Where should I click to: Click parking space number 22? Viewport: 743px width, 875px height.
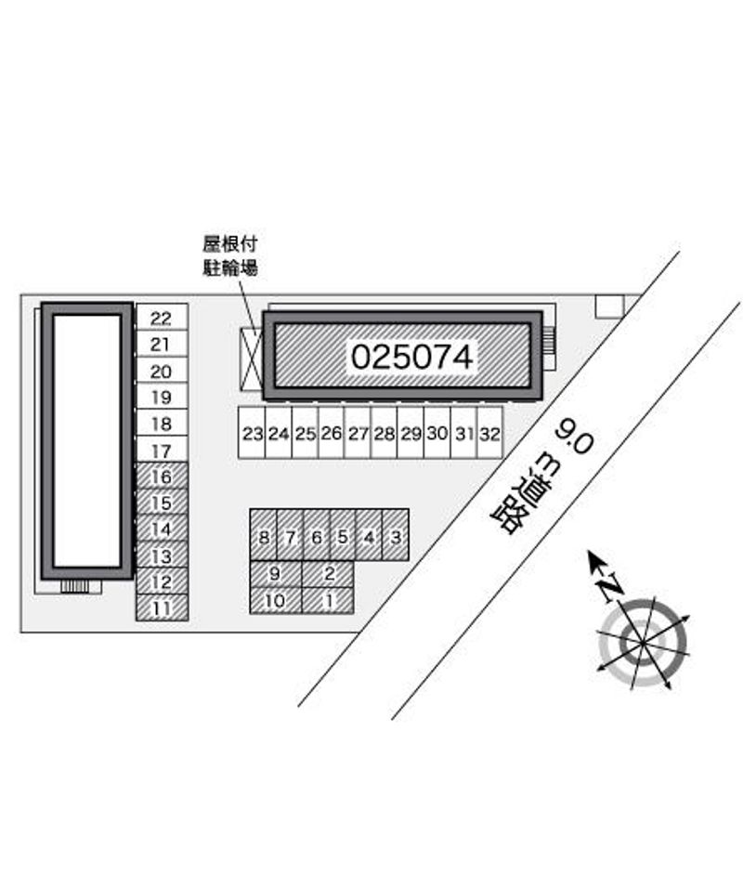click(x=162, y=318)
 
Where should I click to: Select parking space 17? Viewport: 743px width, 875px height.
click(x=162, y=450)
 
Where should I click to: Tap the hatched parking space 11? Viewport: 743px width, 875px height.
click(x=162, y=607)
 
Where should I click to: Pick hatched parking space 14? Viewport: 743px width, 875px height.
click(x=162, y=529)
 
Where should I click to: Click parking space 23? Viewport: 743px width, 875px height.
click(x=252, y=433)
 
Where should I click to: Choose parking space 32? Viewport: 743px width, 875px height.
click(x=489, y=433)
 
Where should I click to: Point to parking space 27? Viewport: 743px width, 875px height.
click(x=358, y=433)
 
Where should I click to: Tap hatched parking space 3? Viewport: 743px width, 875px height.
click(x=396, y=535)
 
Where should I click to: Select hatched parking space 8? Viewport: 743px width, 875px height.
click(x=264, y=535)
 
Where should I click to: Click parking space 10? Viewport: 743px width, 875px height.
click(x=276, y=600)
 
